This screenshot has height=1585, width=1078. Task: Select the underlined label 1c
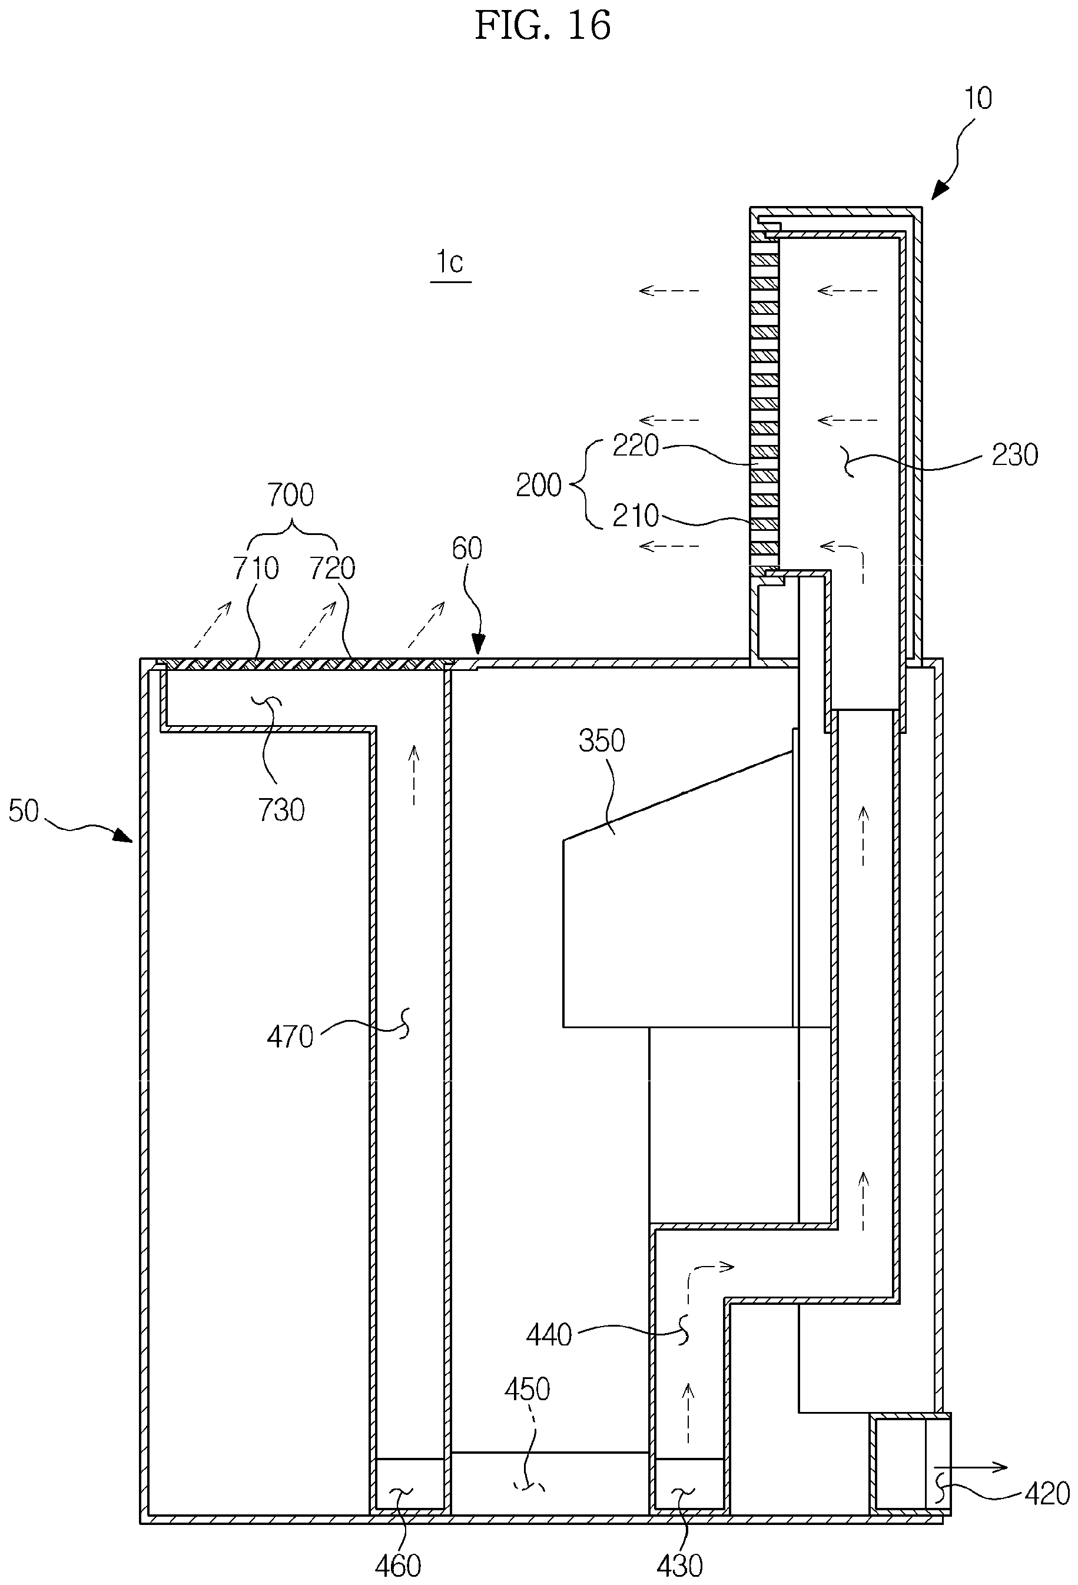pyautogui.click(x=450, y=261)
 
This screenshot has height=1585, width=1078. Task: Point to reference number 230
pyautogui.click(x=1014, y=454)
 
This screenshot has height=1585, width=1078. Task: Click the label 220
pyautogui.click(x=635, y=446)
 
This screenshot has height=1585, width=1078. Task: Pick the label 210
pyautogui.click(x=635, y=515)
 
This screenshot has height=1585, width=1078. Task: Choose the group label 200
pyautogui.click(x=538, y=485)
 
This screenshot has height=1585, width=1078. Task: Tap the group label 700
pyautogui.click(x=291, y=494)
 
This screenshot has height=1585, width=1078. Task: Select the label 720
pyautogui.click(x=332, y=567)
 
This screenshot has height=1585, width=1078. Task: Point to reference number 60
pyautogui.click(x=467, y=549)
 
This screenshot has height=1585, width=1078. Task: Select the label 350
pyautogui.click(x=602, y=740)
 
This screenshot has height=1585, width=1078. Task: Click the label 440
pyautogui.click(x=549, y=1335)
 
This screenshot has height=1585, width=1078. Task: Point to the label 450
pyautogui.click(x=527, y=1389)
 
